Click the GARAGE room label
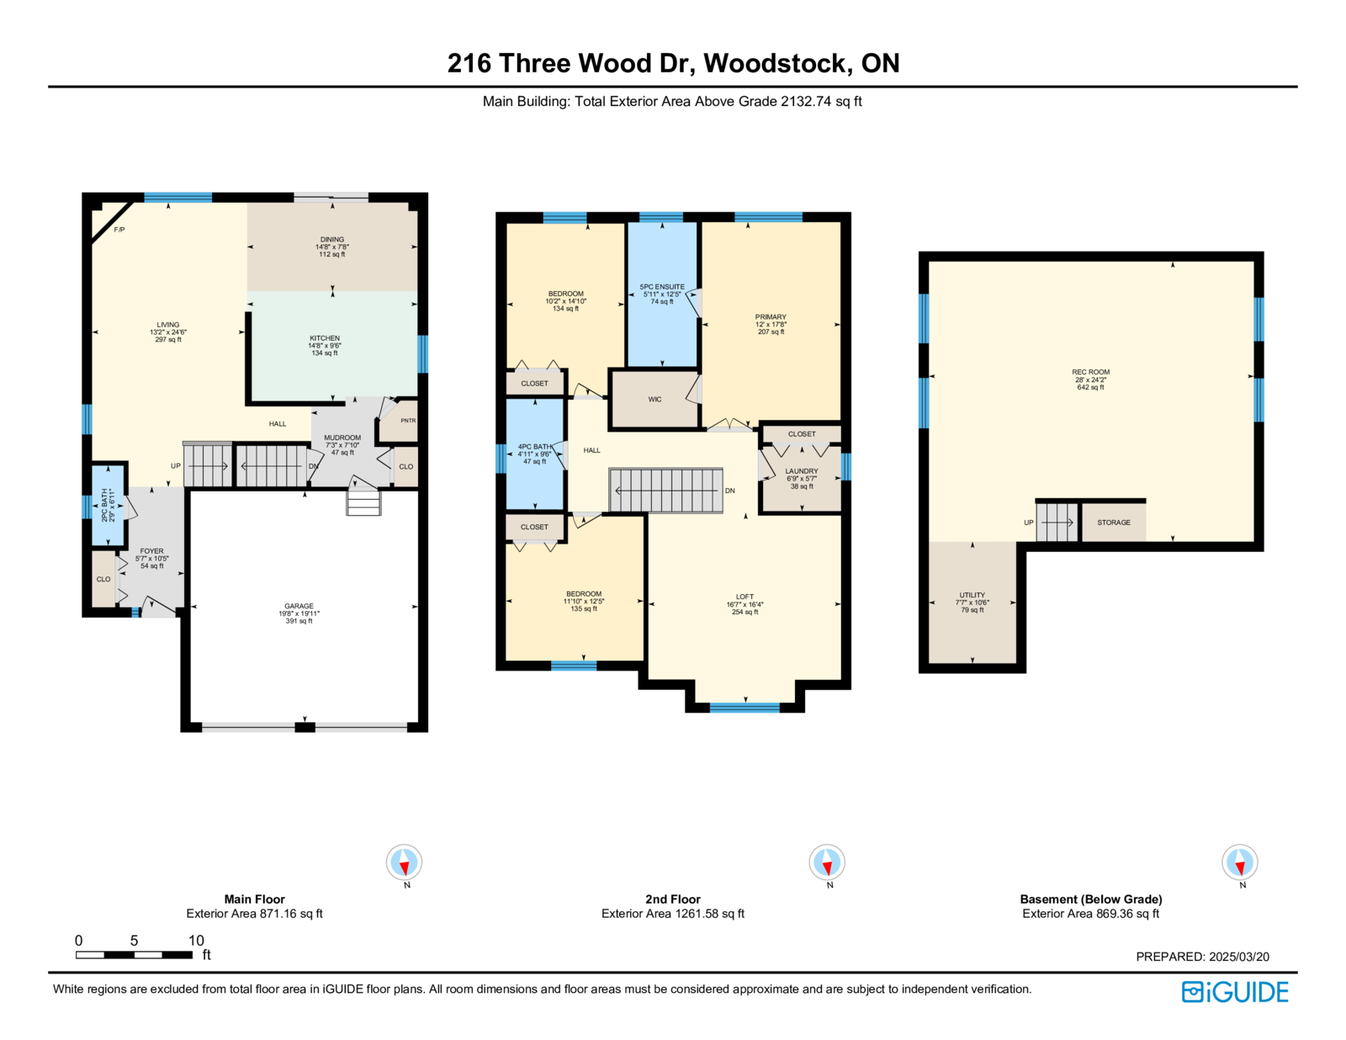coord(299,606)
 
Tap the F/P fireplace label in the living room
coord(119,230)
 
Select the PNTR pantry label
coord(408,421)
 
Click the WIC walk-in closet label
coord(654,400)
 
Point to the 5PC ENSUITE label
coord(662,287)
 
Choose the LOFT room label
coord(745,597)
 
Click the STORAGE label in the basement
coord(1114,523)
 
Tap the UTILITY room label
coord(972,595)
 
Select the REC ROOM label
coord(1091,372)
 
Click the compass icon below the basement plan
coord(1239,862)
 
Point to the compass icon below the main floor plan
coord(404,862)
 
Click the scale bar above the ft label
coord(134,955)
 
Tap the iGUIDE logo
coord(1234,992)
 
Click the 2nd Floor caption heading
coord(673,899)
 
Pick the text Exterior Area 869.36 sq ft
coord(1091,914)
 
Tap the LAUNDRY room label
coord(802,470)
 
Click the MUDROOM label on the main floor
coord(342,438)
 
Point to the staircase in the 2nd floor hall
coord(666,491)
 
